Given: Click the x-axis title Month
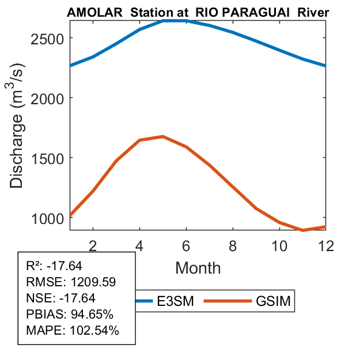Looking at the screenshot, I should click(198, 267).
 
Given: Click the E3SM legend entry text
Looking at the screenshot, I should click(174, 301).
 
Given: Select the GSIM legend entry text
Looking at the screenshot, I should click(272, 301).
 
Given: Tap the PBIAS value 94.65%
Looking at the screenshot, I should click(92, 314).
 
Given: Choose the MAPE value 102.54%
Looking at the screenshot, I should click(94, 331).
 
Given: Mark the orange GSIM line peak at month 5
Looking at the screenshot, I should click(163, 137).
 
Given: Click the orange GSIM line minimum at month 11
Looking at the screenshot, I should click(303, 230).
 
